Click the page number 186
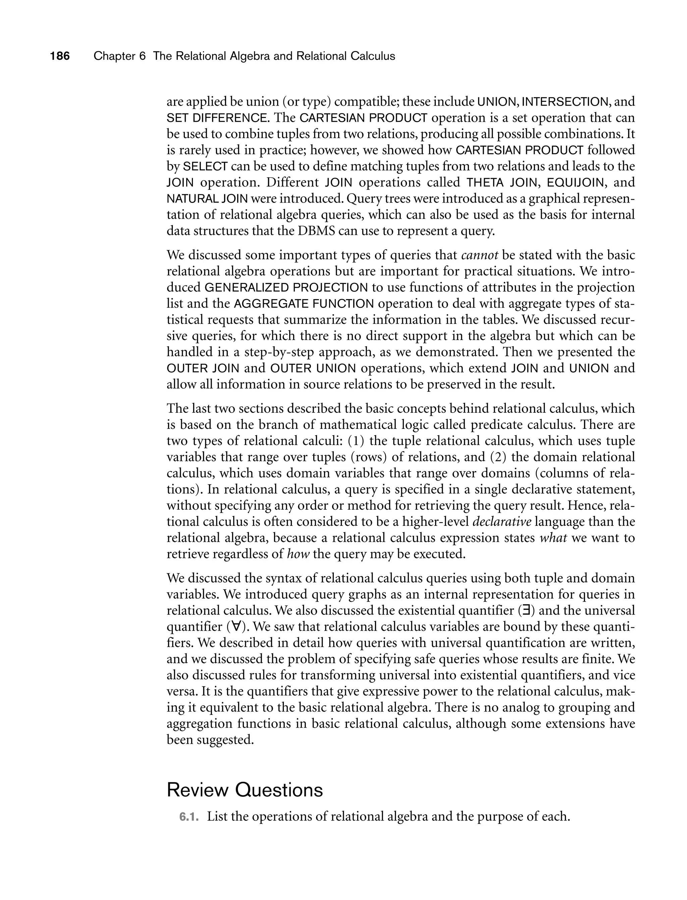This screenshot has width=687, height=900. [60, 56]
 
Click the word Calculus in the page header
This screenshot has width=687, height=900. [373, 56]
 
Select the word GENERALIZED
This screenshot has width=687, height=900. [246, 288]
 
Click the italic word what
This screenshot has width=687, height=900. [553, 538]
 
